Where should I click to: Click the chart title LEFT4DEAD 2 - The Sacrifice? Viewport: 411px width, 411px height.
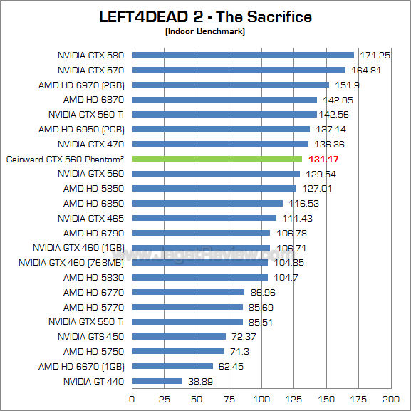(x=205, y=16)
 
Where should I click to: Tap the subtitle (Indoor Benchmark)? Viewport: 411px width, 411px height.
(x=205, y=31)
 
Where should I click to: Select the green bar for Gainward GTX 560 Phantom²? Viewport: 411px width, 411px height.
(x=217, y=158)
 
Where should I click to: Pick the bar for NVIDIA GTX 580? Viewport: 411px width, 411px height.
(x=242, y=55)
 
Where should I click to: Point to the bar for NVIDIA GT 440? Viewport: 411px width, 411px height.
(x=157, y=381)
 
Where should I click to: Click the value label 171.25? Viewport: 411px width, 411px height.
(x=375, y=55)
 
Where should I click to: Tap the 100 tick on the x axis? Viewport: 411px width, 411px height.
(x=261, y=399)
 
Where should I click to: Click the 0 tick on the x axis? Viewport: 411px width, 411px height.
(x=132, y=399)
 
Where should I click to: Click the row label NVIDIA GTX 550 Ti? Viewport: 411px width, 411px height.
(x=86, y=322)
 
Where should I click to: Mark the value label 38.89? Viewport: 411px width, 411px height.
(x=201, y=382)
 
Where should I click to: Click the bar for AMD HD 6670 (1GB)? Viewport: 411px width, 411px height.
(x=172, y=366)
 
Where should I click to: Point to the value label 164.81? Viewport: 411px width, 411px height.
(x=366, y=70)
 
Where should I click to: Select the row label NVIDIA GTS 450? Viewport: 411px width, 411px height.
(x=91, y=337)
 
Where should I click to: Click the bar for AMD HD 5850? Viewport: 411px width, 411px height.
(x=214, y=188)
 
